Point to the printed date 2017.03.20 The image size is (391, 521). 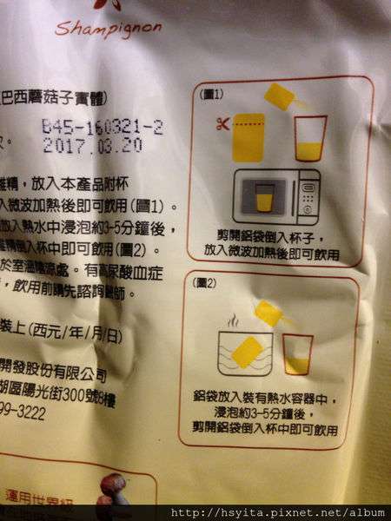pos(92,145)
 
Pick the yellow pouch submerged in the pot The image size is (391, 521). pos(249,352)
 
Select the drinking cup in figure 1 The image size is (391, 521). pos(310,139)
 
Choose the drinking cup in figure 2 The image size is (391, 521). pos(298,354)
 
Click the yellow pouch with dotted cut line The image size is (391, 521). pos(249,136)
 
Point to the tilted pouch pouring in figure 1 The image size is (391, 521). pos(281,96)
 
